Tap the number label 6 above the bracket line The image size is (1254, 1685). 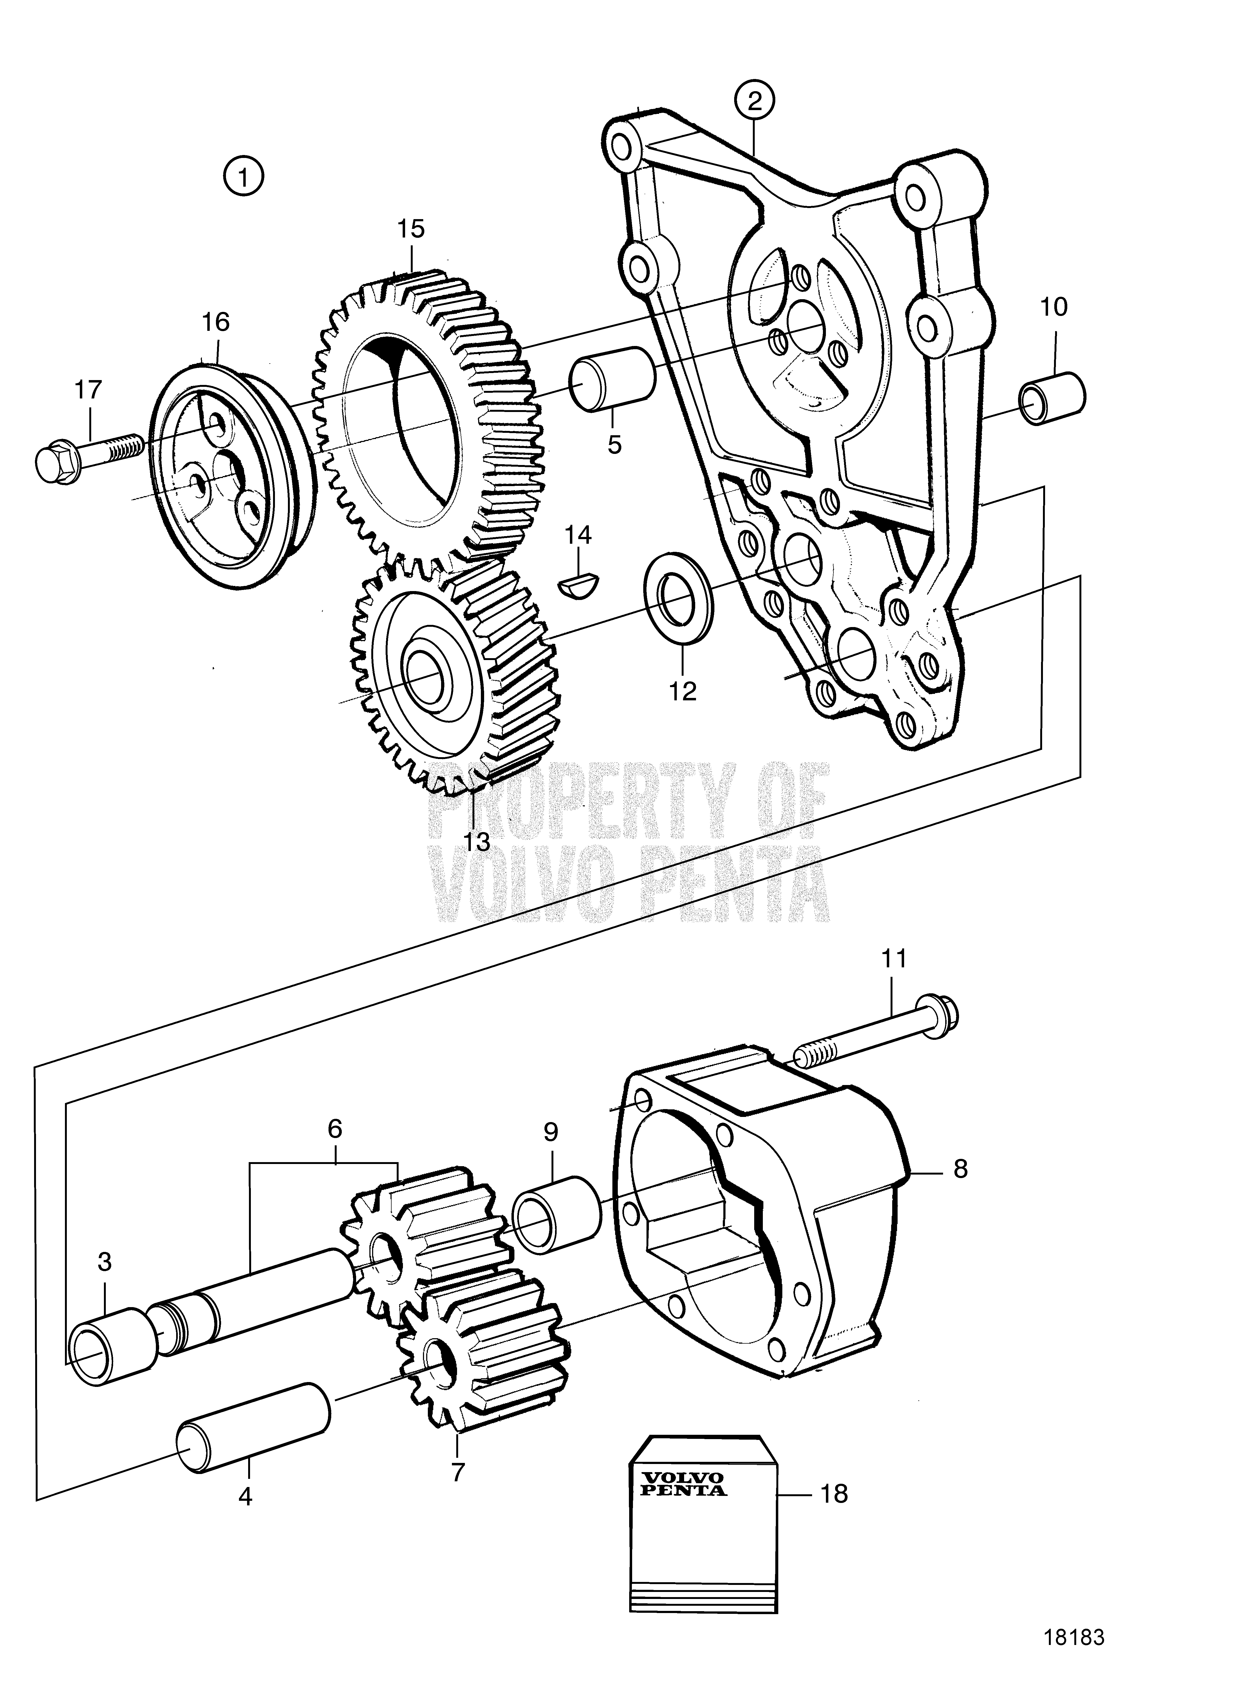(335, 1128)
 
